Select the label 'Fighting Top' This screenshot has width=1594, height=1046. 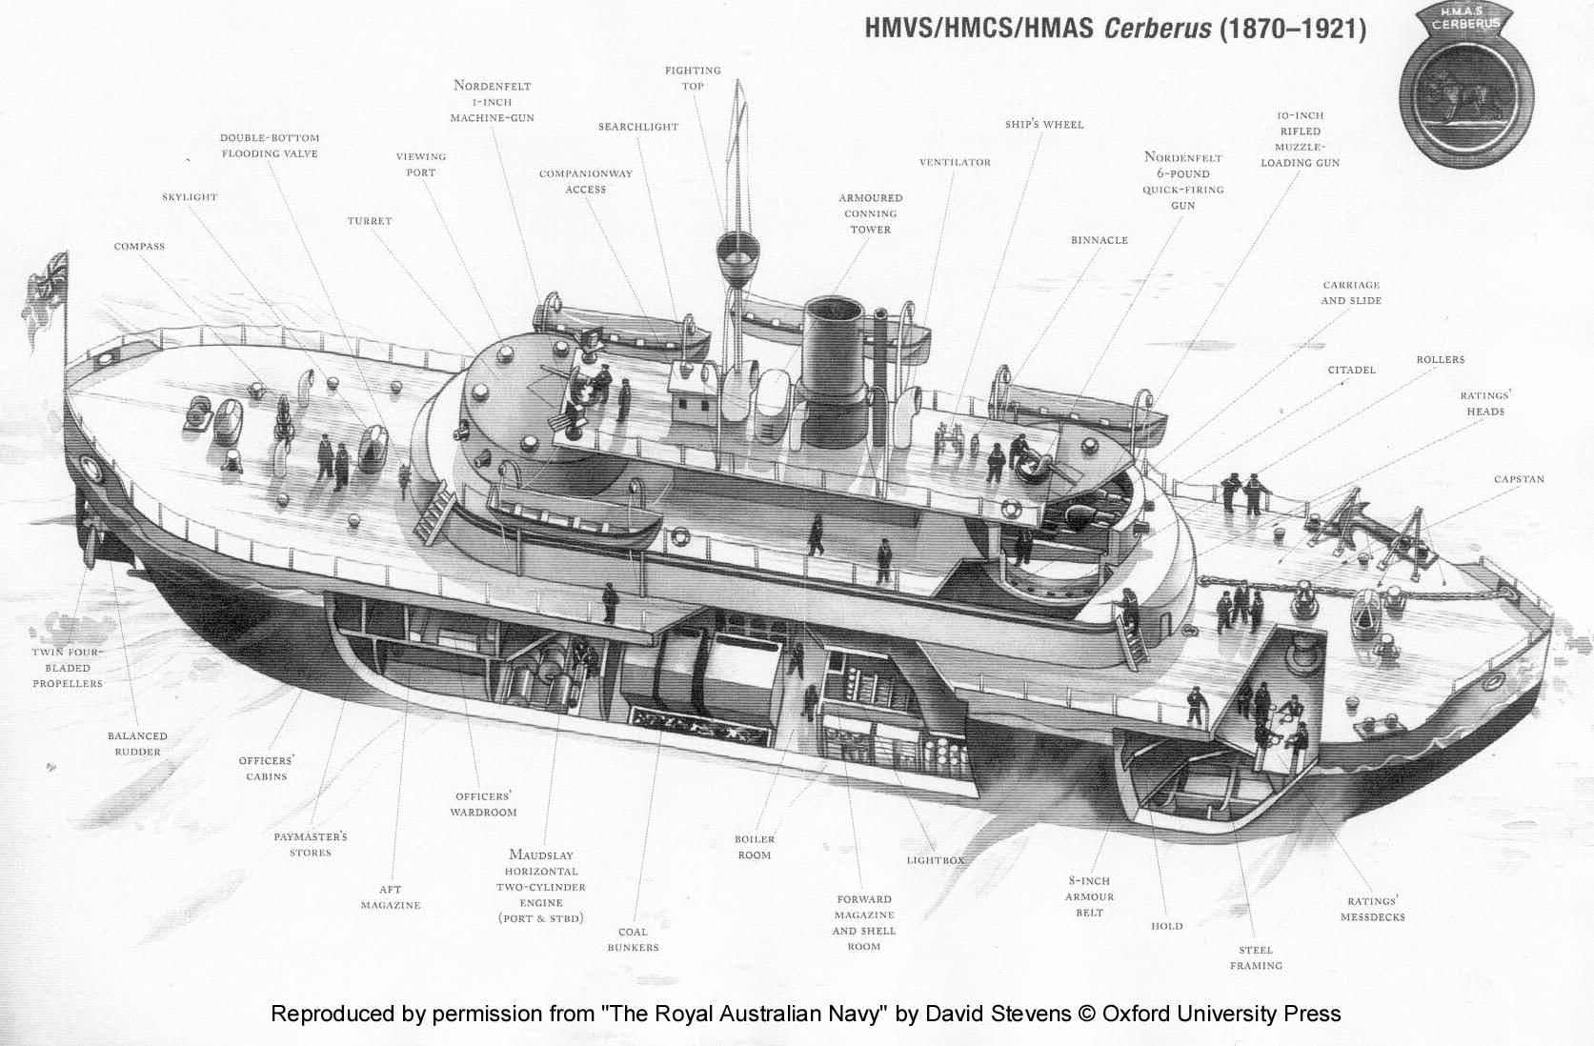693,78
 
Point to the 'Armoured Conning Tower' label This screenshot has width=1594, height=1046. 871,213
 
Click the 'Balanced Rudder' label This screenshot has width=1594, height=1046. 137,744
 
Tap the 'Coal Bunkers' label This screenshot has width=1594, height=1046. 633,939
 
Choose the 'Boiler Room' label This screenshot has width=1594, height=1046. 754,847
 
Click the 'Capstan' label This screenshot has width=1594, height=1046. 1519,479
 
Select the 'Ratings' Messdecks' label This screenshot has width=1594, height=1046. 1372,909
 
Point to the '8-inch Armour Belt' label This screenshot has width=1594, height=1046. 1089,896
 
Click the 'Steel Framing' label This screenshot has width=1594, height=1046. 1256,957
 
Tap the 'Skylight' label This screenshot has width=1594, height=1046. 190,197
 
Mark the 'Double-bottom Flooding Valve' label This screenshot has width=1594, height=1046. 270,146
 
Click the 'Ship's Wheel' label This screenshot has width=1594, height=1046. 1044,125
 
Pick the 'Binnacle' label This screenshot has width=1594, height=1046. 1099,240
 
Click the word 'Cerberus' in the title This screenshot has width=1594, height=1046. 1156,28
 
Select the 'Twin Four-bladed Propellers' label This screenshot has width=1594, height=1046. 67,668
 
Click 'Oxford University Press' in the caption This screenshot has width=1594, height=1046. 1221,1014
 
